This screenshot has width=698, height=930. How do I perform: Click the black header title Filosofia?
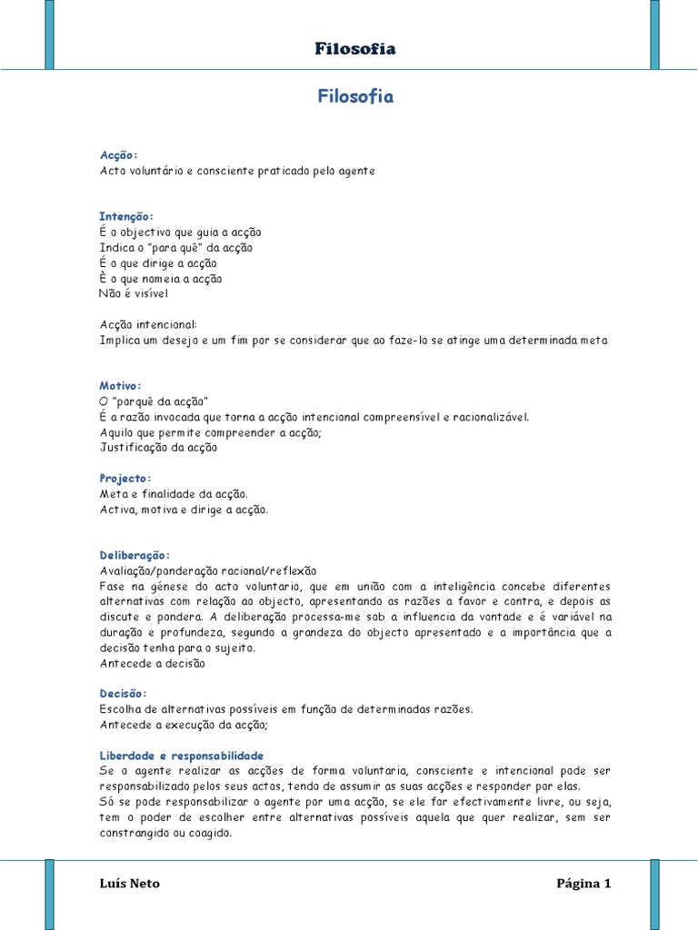pos(355,49)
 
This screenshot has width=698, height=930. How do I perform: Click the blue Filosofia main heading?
pos(355,97)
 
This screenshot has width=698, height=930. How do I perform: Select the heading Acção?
pos(118,155)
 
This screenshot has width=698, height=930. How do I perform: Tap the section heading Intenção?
pos(126,216)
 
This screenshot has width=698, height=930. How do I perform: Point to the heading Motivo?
pos(120,386)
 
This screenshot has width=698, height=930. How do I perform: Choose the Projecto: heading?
pos(125,479)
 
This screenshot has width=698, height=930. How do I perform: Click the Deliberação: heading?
pos(135,555)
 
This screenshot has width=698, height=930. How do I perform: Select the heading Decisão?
pos(123,694)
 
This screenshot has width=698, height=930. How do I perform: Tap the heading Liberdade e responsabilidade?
pos(182,756)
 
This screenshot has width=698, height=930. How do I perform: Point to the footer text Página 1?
pos(583,884)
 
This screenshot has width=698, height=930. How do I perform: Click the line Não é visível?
pos(134,293)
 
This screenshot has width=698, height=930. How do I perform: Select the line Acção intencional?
pos(148,324)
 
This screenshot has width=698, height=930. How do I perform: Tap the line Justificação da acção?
pos(158,447)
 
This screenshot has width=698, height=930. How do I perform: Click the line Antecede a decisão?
pos(153,663)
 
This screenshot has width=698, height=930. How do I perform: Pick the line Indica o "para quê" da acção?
pos(175,247)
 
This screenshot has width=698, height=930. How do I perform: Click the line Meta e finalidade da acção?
pos(174,494)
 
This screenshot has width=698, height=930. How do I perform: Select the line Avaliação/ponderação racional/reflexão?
pos(208,570)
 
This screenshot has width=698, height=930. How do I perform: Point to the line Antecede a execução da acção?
pos(184,725)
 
